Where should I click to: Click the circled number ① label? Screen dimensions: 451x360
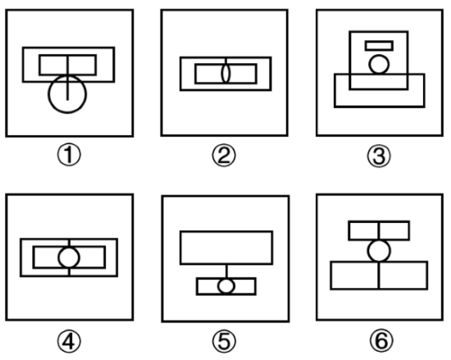[69, 155]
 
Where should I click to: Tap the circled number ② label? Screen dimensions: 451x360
[224, 156]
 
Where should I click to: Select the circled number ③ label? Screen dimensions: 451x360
[379, 156]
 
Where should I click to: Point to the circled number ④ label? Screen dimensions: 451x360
[69, 341]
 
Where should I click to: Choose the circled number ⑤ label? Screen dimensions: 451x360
[224, 341]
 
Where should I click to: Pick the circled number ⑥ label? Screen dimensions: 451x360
[381, 341]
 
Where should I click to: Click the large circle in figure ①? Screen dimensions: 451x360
[48, 94]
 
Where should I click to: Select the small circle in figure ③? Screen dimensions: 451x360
[369, 65]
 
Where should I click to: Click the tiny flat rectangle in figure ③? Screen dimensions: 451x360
[379, 42]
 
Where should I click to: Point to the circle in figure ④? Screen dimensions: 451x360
[59, 257]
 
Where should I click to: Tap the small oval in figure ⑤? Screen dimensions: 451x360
[218, 286]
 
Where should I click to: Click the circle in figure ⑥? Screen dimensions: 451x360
[368, 251]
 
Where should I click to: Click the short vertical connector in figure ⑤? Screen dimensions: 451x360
[226, 271]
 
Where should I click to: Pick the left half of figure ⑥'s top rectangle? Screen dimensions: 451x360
[348, 230]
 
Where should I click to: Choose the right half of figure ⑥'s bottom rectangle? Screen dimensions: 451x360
[427, 276]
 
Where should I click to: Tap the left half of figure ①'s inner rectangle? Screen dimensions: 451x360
[39, 65]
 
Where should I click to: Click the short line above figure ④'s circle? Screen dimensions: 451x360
[69, 244]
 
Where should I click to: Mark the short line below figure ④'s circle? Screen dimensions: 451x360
[69, 271]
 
